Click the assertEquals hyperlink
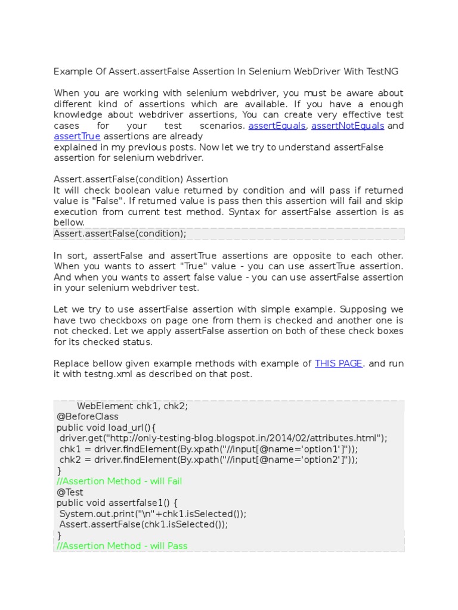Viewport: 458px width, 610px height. click(277, 126)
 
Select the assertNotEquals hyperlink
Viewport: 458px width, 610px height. click(347, 126)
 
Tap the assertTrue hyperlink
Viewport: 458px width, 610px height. click(77, 136)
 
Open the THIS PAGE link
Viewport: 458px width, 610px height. click(338, 363)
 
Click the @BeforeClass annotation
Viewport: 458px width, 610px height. click(87, 416)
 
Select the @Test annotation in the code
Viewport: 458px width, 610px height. click(70, 492)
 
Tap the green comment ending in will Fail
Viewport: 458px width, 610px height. click(119, 481)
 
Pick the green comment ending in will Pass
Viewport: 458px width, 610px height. click(122, 546)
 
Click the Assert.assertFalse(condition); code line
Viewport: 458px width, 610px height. click(120, 234)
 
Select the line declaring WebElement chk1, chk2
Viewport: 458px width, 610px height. click(132, 406)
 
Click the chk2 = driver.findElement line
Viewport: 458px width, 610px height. click(208, 460)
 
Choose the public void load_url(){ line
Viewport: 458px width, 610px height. click(106, 427)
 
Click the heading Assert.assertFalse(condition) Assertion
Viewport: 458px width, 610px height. click(141, 179)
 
